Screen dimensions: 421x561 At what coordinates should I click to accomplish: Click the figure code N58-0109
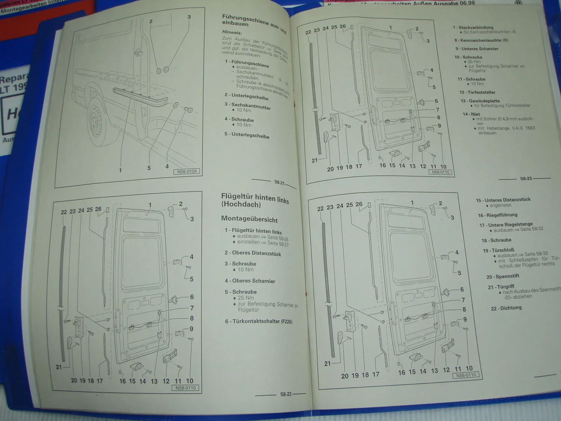187,172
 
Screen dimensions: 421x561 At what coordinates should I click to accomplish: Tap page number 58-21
279,183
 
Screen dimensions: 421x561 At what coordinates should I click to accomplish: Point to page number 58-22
286,394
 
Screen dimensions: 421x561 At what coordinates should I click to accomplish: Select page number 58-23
526,179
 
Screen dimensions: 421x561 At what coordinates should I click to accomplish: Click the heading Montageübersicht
249,219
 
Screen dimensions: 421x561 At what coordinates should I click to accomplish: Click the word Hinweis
232,33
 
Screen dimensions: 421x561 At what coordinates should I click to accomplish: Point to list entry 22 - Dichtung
506,308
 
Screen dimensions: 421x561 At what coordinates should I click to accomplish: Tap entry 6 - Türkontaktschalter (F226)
258,321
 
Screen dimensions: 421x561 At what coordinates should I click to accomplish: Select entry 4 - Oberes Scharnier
250,281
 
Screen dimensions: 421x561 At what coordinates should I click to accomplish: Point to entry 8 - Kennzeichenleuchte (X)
481,40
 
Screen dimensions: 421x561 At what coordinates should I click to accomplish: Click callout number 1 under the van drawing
120,170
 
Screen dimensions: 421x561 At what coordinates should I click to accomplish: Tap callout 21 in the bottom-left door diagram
59,367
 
